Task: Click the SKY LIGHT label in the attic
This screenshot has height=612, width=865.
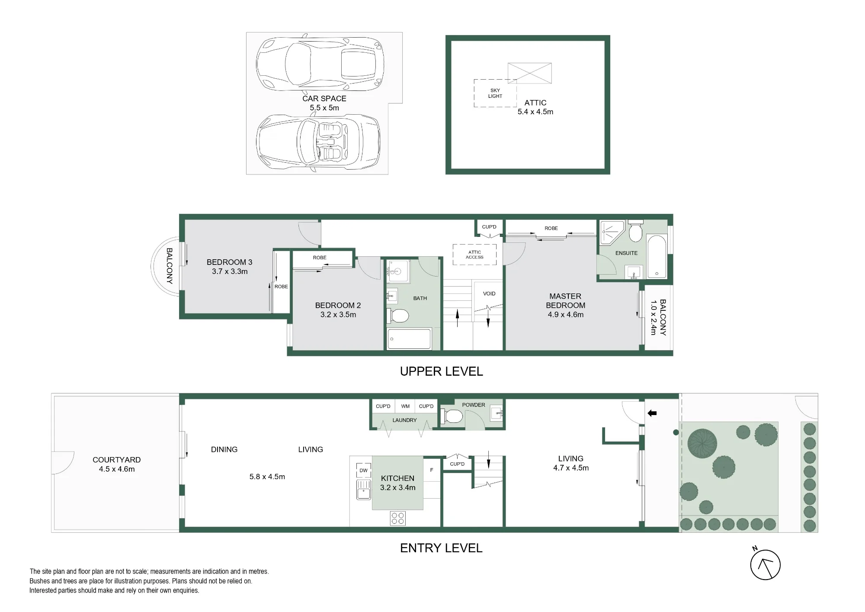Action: [495, 93]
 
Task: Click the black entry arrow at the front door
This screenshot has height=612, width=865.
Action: [652, 413]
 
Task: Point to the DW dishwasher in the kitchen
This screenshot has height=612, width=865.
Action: [363, 470]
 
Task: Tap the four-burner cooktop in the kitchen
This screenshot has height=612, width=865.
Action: [397, 519]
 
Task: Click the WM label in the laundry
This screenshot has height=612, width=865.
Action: [405, 406]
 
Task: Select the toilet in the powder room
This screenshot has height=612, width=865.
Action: [452, 417]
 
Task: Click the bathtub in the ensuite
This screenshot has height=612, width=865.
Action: [657, 257]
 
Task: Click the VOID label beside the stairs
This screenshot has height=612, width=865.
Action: [489, 293]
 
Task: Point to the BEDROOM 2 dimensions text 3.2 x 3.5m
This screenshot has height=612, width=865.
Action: [338, 315]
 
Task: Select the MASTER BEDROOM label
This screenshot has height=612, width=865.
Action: [565, 301]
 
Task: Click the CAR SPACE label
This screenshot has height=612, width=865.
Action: [324, 99]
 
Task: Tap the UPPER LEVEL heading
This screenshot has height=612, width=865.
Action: [441, 371]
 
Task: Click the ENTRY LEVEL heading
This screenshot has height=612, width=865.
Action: [441, 548]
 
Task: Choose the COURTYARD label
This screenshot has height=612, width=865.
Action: [117, 460]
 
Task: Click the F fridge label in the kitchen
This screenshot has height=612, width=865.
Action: [431, 470]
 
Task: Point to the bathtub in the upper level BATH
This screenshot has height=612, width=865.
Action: [409, 338]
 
